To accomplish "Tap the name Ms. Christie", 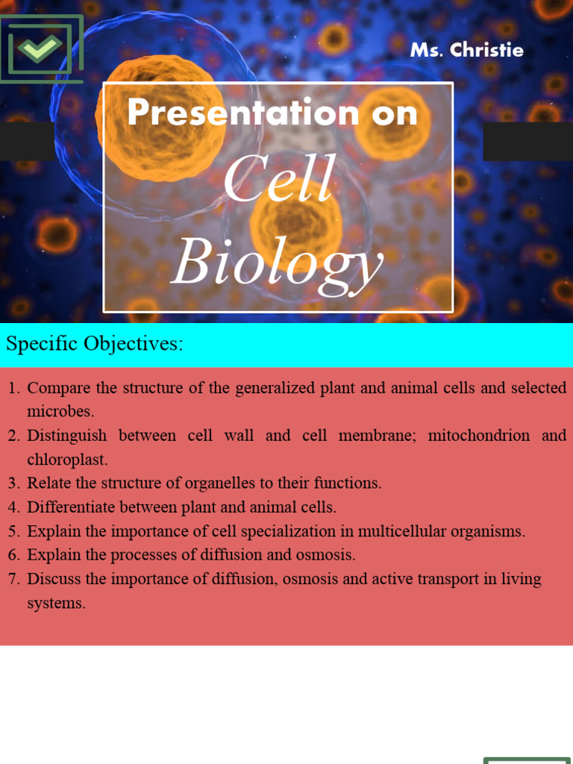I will pyautogui.click(x=466, y=50).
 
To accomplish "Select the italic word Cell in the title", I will pyautogui.click(x=279, y=180).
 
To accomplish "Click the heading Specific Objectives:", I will pyautogui.click(x=94, y=343).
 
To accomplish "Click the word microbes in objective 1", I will pyautogui.click(x=60, y=411).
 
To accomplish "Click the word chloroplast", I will pyautogui.click(x=66, y=460).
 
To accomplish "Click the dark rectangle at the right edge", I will pyautogui.click(x=527, y=141).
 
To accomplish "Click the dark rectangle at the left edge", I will pyautogui.click(x=27, y=141).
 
